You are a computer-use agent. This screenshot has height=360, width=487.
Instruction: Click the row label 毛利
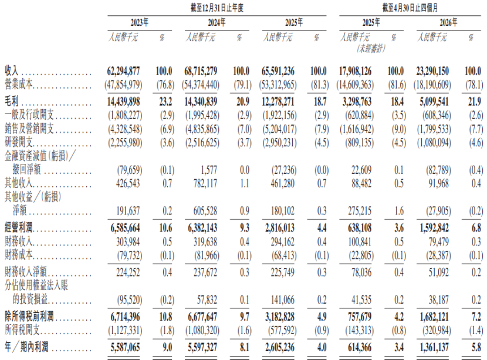click(12, 102)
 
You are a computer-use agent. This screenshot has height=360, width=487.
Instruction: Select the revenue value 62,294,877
click(123, 71)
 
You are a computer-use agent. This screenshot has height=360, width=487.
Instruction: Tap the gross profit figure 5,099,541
click(434, 102)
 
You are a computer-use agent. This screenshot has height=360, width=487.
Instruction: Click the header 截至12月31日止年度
click(217, 8)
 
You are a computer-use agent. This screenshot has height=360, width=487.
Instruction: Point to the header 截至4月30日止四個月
click(410, 8)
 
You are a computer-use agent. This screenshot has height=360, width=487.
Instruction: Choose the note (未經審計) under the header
click(371, 49)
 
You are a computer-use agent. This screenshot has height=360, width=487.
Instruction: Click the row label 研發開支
click(19, 142)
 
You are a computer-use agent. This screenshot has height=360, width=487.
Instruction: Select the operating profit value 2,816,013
click(280, 228)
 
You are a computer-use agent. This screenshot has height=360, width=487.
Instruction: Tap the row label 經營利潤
click(19, 228)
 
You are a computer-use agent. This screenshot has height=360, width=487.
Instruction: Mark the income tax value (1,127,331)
click(125, 330)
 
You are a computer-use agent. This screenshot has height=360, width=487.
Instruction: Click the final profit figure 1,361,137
click(434, 347)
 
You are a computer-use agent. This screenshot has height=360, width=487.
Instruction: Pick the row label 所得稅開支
click(22, 330)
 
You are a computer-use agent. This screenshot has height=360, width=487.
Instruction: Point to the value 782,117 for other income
click(205, 183)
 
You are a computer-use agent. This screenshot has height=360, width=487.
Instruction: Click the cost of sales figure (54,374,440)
click(201, 85)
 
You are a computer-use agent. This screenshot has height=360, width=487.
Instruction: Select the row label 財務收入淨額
click(25, 272)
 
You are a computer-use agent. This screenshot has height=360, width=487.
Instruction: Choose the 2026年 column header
click(448, 22)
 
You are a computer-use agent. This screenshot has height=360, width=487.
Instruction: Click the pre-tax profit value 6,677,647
click(202, 317)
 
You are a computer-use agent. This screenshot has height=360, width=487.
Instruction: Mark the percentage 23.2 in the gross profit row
click(165, 102)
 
